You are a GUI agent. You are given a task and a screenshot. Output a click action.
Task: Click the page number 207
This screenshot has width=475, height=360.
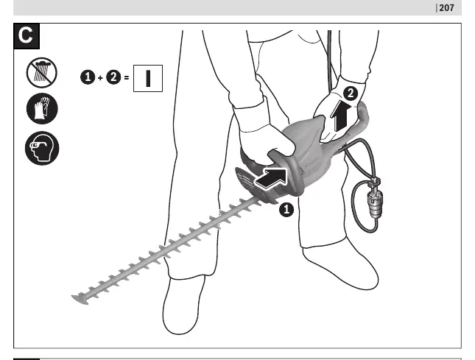pyautogui.click(x=446, y=8)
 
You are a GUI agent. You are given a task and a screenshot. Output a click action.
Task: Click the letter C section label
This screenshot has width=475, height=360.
pyautogui.click(x=27, y=36)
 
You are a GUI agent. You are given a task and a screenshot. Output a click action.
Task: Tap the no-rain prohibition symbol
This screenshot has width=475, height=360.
pyautogui.click(x=42, y=73)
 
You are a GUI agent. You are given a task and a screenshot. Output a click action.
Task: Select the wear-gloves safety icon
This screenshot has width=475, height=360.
pyautogui.click(x=42, y=109)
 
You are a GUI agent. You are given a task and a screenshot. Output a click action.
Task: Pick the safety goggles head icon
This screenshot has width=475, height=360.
pyautogui.click(x=42, y=149)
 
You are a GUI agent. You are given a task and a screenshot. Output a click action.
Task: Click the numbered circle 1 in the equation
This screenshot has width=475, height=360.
pyautogui.click(x=88, y=77)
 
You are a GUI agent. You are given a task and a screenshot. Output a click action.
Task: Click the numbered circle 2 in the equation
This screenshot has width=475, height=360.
pyautogui.click(x=113, y=77)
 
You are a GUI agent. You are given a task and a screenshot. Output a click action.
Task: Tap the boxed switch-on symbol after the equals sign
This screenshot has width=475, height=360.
pyautogui.click(x=148, y=78)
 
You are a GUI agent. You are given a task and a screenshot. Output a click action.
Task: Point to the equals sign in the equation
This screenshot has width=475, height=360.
pyautogui.click(x=127, y=78)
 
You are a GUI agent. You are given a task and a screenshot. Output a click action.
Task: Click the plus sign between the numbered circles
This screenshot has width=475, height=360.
pyautogui.click(x=101, y=78)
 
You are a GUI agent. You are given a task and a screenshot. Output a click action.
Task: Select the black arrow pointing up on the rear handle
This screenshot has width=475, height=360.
pyautogui.click(x=340, y=116)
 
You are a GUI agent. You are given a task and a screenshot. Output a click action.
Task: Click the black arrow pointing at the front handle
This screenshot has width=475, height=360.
pyautogui.click(x=271, y=178)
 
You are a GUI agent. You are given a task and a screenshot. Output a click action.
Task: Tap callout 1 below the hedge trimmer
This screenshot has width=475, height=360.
pyautogui.click(x=286, y=210)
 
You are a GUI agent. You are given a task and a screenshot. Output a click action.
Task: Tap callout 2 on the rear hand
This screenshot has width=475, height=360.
pyautogui.click(x=351, y=93)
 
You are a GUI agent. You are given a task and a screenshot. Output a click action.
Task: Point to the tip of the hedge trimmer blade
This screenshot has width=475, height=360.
pyautogui.click(x=72, y=297)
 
